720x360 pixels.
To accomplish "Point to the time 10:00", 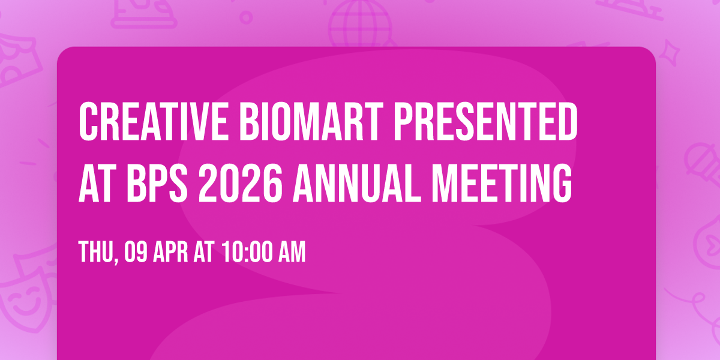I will [245, 252].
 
